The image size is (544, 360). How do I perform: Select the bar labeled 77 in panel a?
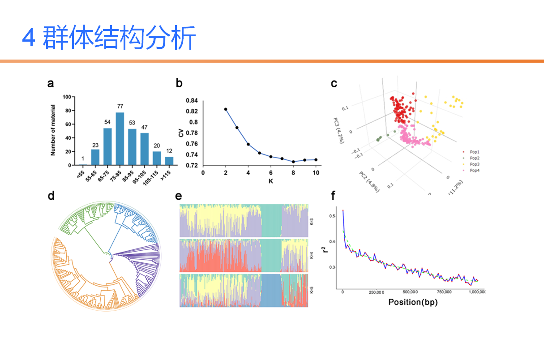pyautogui.click(x=120, y=139)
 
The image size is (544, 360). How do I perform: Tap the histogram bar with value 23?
pyautogui.click(x=95, y=157)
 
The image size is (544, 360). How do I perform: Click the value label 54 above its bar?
pyautogui.click(x=107, y=122)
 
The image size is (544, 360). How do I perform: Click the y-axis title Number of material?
pyautogui.click(x=53, y=130)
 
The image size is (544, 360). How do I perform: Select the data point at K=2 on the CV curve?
pyautogui.click(x=226, y=109)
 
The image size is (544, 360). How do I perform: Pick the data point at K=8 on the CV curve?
pyautogui.click(x=293, y=162)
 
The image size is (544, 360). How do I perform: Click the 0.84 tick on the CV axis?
pyautogui.click(x=192, y=100)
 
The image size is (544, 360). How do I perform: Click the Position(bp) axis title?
pyautogui.click(x=412, y=302)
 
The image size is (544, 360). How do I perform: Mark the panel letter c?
pyautogui.click(x=334, y=83)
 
